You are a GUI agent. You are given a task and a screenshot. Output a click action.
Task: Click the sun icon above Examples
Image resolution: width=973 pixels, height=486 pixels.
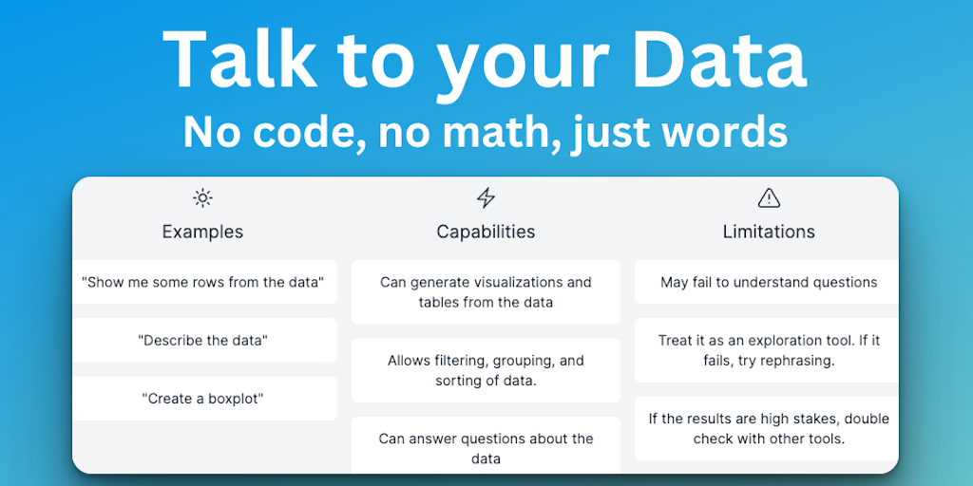click(x=202, y=198)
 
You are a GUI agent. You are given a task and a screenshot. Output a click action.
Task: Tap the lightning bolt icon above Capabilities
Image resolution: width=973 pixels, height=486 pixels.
click(x=486, y=198)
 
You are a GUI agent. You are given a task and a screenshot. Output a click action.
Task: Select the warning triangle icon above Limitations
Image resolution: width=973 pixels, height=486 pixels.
click(x=769, y=198)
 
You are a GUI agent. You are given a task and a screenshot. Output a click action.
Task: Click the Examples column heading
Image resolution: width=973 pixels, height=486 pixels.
click(x=202, y=232)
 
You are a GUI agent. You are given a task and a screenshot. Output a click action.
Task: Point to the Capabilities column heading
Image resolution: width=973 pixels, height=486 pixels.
click(x=486, y=232)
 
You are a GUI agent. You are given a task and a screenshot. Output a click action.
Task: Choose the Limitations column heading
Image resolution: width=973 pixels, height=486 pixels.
click(x=769, y=232)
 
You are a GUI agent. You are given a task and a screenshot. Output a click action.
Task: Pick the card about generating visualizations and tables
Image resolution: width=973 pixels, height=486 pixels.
click(x=486, y=292)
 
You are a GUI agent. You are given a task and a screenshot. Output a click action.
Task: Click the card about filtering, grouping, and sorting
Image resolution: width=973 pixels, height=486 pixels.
click(x=486, y=370)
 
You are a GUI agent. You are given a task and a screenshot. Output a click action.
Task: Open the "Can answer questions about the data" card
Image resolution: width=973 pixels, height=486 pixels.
click(x=486, y=445)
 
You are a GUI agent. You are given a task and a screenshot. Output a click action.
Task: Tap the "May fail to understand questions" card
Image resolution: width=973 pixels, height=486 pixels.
click(x=767, y=282)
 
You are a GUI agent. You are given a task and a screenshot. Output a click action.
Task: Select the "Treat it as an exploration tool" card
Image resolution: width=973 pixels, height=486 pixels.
click(x=767, y=350)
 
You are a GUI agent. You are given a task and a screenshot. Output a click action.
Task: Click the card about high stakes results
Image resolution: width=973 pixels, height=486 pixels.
click(x=767, y=428)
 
